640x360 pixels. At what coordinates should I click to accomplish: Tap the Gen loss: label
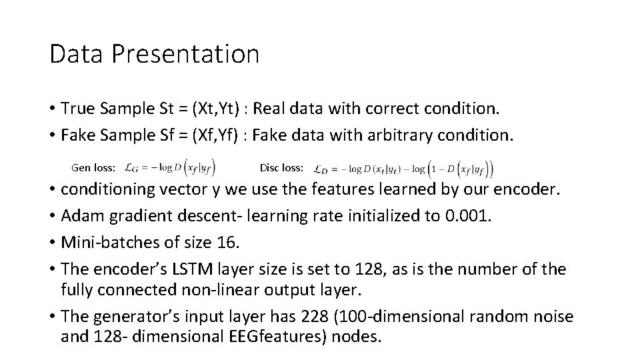click(x=93, y=167)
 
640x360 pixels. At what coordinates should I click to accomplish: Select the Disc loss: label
click(x=281, y=167)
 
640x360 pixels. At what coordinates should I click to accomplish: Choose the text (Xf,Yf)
click(x=213, y=135)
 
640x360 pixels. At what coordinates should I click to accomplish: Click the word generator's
click(x=127, y=316)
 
